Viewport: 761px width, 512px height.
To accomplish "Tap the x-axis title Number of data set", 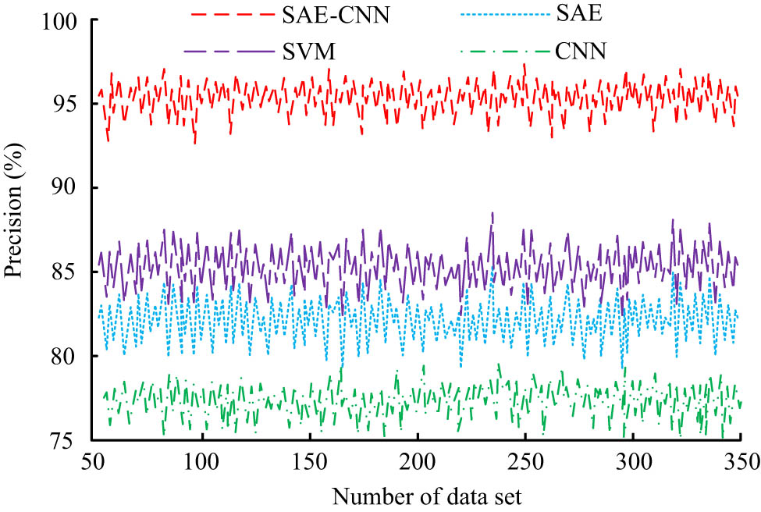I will click(415, 495).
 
